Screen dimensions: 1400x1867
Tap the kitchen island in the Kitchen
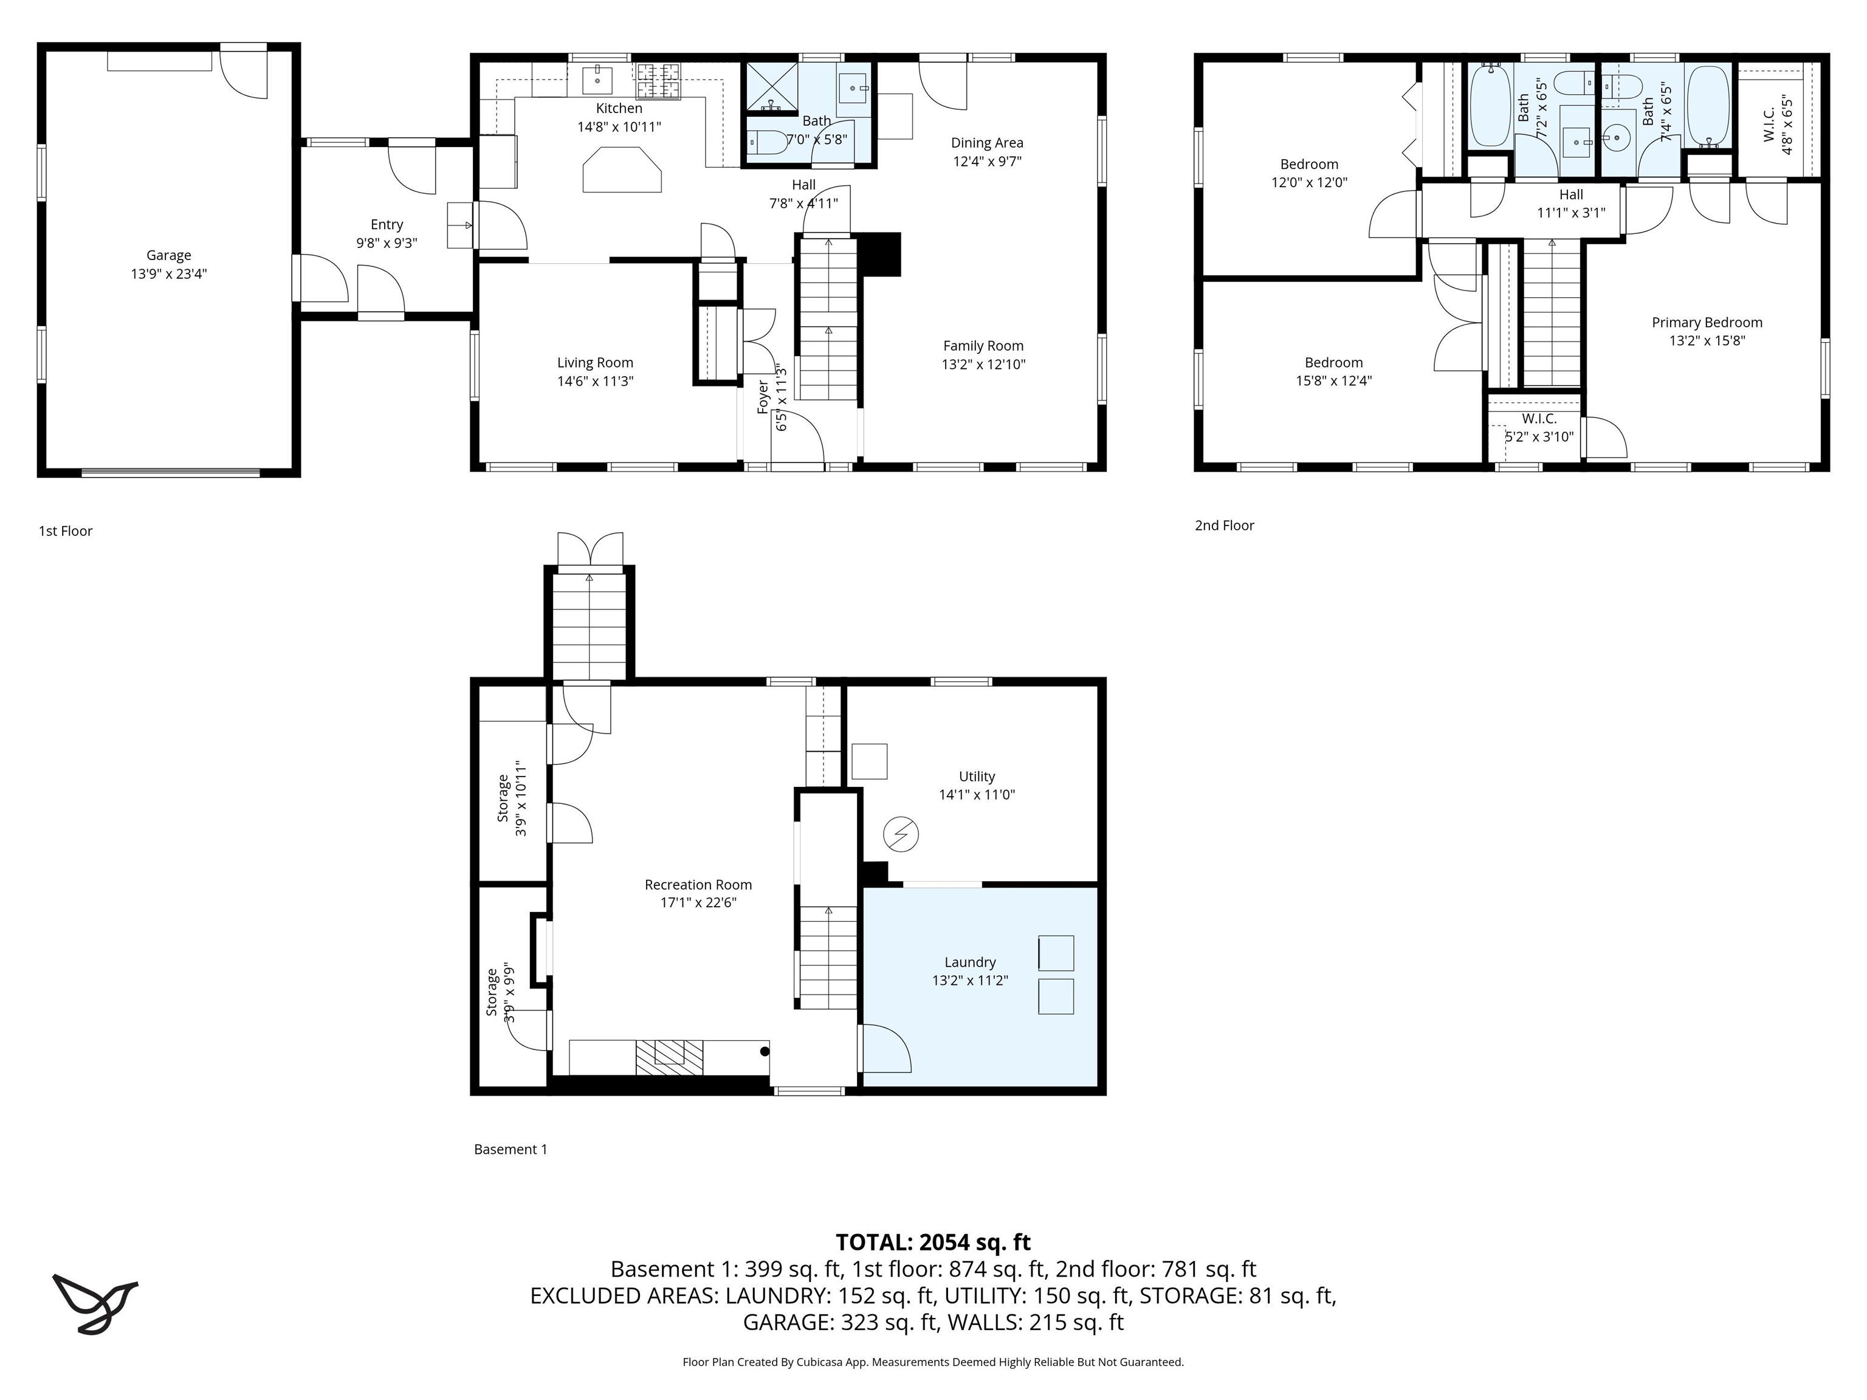[x=622, y=171]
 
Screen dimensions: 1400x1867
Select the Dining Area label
[x=986, y=143]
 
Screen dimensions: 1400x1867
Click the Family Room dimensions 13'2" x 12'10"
[x=983, y=365]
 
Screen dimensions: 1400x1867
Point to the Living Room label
[x=595, y=363]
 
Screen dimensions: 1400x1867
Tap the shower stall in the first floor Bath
[x=771, y=86]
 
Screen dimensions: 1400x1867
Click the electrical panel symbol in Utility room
[x=901, y=835]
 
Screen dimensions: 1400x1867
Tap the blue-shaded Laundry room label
[x=970, y=962]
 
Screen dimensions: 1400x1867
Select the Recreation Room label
[x=698, y=884]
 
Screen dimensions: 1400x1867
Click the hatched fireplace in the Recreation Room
[x=669, y=1057]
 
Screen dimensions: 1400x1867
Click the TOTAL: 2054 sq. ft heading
[x=933, y=1242]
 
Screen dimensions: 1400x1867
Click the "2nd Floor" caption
[x=1224, y=526]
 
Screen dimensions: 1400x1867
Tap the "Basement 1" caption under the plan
[x=511, y=1150]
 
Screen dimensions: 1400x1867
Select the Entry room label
[x=387, y=224]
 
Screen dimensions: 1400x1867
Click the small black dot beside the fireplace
[x=765, y=1051]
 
